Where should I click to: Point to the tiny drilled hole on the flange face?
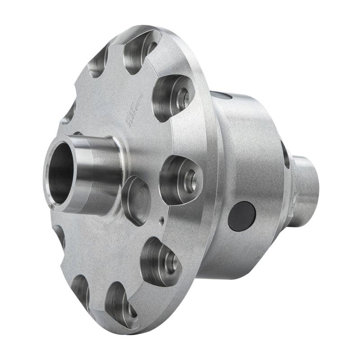pos(161,220)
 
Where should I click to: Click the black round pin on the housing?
pos(242,215)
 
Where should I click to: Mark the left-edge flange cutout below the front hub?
pos(59,236)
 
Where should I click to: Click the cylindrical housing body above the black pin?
pos(243,148)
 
